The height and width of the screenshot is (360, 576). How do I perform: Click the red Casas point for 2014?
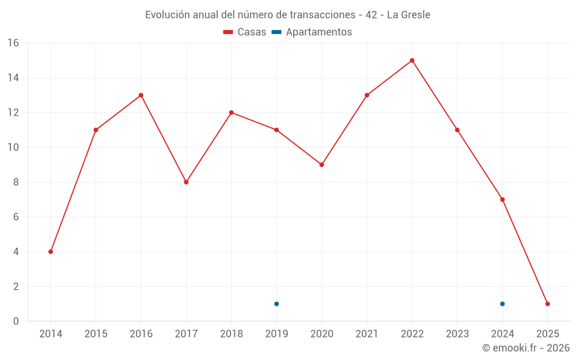[x=51, y=252]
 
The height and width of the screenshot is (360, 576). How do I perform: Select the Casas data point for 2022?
[x=412, y=60]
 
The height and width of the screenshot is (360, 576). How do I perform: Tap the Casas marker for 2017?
[x=186, y=182]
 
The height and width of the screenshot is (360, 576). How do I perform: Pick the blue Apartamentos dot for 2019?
[x=276, y=304]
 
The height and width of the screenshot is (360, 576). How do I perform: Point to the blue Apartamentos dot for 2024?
[x=502, y=304]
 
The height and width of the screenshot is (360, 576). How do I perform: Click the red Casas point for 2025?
[x=547, y=304]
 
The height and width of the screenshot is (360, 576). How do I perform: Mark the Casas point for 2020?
[x=321, y=165]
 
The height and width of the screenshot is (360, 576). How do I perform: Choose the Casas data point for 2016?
[x=141, y=95]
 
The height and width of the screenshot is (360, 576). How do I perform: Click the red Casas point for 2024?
[x=502, y=200]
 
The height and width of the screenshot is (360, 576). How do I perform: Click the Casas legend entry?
[x=245, y=32]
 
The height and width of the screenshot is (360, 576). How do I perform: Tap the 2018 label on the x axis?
[x=231, y=334]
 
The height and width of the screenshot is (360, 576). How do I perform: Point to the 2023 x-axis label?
[x=457, y=334]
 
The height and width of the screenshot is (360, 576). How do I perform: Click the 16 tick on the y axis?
[x=13, y=43]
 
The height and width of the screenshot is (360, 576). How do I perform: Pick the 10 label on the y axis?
[x=13, y=147]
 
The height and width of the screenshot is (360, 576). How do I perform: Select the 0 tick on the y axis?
[x=16, y=321]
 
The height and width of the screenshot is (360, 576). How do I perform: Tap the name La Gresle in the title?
[x=408, y=15]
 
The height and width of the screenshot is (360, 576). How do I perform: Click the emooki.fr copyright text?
[x=526, y=348]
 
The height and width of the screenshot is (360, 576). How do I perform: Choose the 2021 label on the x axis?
[x=367, y=334]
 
